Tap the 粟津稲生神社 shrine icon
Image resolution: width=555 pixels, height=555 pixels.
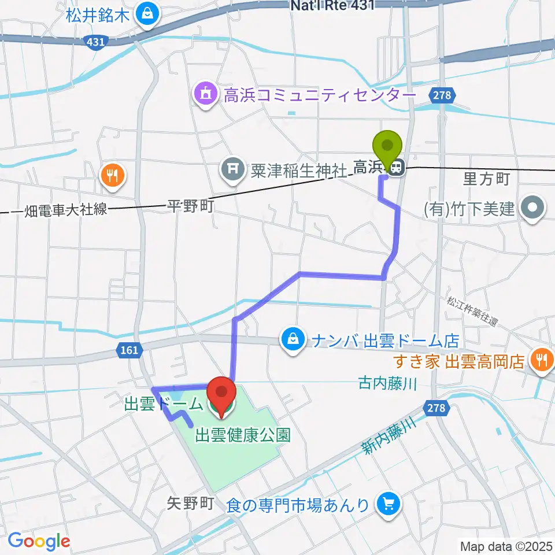click(x=231, y=169)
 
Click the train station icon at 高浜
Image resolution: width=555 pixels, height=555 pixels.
click(x=397, y=168)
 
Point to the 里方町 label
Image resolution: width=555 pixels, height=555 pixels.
click(x=486, y=179)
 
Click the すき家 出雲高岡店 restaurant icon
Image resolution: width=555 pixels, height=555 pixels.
click(x=542, y=360)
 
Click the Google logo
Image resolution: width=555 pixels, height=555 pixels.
click(x=39, y=542)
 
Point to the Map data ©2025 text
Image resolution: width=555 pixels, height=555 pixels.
click(x=505, y=545)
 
